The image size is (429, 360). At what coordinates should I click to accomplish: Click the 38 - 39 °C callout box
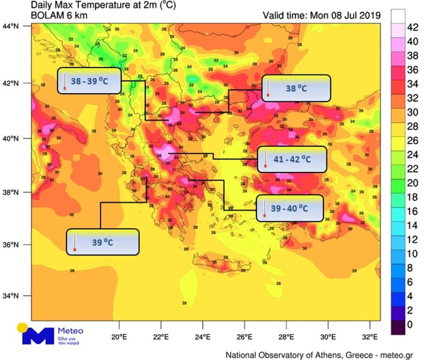click(90, 81)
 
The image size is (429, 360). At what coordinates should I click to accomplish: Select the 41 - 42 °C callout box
click(291, 159)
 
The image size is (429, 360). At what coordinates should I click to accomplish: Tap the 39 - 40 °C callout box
click(290, 208)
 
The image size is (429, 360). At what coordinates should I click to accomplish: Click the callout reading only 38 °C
click(296, 88)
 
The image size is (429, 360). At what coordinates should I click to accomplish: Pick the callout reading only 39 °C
click(103, 242)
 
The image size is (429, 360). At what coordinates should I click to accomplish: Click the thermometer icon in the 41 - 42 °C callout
click(265, 160)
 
